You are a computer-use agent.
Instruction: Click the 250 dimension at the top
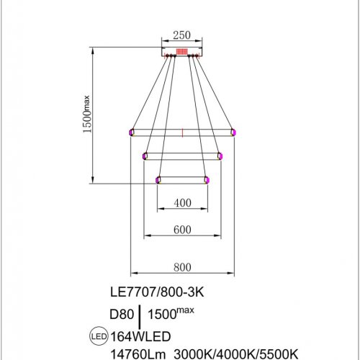(182, 35)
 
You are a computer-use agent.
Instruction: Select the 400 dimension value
(182, 203)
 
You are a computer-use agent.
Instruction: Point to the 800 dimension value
(182, 267)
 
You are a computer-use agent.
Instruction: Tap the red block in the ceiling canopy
(182, 52)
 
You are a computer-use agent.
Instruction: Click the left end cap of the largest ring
(131, 132)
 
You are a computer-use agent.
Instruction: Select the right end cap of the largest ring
(233, 132)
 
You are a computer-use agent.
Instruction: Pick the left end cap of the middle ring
(145, 156)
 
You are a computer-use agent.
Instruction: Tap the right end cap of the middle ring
(219, 156)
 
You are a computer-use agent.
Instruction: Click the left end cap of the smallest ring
(158, 180)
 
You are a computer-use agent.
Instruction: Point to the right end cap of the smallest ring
(207, 180)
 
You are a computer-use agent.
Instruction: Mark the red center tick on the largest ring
(182, 132)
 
